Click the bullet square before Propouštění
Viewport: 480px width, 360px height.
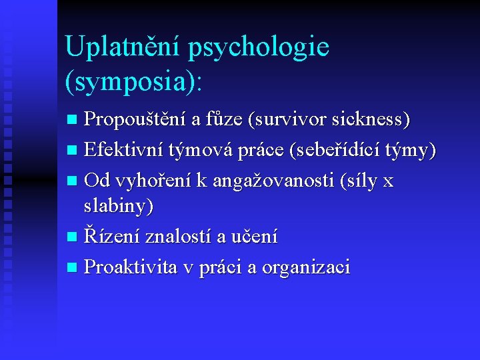74,121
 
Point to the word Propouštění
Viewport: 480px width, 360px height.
135,121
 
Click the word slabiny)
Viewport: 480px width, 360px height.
119,207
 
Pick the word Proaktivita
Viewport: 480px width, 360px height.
131,267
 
